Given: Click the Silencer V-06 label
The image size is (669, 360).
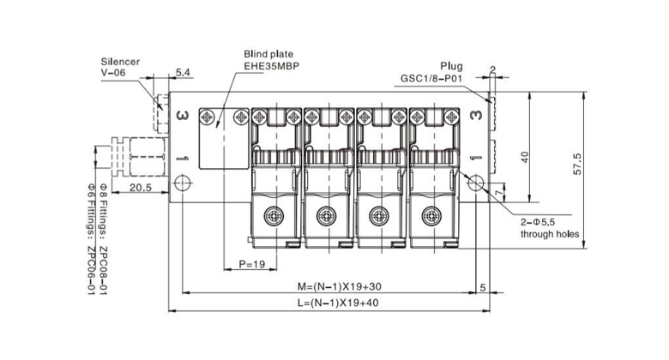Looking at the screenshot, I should coord(120,68).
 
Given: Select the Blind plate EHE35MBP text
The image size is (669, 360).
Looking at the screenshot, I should coord(270,59).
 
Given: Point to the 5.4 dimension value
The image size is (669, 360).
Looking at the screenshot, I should coord(183,72).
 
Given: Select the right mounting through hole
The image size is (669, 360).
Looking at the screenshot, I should coord(477,181).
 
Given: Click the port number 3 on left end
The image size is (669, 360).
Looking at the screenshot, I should coord(182,116).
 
